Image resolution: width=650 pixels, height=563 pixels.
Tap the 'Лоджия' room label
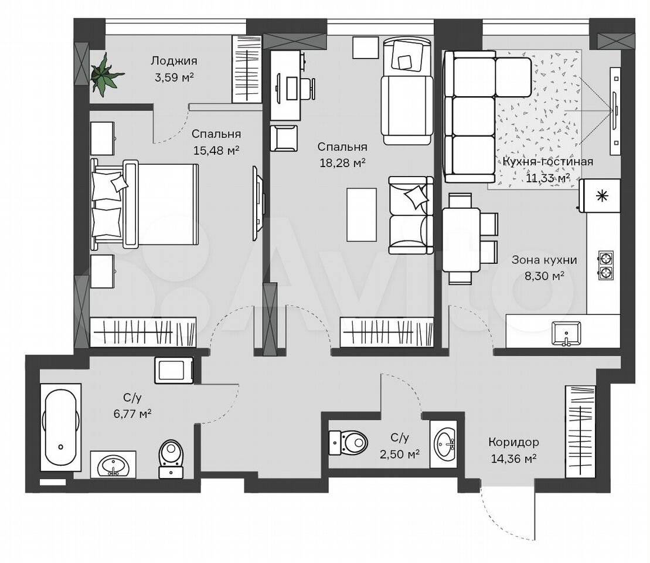click(x=173, y=61)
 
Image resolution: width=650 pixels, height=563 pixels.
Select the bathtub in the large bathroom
click(x=61, y=427)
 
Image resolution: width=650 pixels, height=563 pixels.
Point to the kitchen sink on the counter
click(x=566, y=333)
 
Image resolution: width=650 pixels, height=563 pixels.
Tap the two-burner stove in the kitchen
click(x=605, y=265)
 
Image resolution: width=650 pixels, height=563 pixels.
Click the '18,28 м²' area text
click(x=342, y=163)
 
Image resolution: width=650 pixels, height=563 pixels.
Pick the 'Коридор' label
click(x=513, y=442)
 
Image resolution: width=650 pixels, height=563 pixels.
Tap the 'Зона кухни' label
click(x=544, y=260)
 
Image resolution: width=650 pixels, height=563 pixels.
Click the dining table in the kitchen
click(x=461, y=239)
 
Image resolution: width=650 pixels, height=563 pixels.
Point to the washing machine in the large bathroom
click(x=174, y=369)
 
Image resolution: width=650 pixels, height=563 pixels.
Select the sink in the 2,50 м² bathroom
click(x=444, y=444)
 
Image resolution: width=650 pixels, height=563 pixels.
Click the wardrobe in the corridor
click(x=580, y=432)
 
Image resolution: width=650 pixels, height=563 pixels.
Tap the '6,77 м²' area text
click(x=132, y=413)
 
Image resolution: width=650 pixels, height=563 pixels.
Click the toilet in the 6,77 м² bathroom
click(x=171, y=459)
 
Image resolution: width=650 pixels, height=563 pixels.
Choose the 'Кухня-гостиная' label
click(x=547, y=161)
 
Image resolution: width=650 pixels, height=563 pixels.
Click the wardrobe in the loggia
click(x=247, y=69)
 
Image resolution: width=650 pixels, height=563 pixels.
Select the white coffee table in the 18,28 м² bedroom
click(x=362, y=215)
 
